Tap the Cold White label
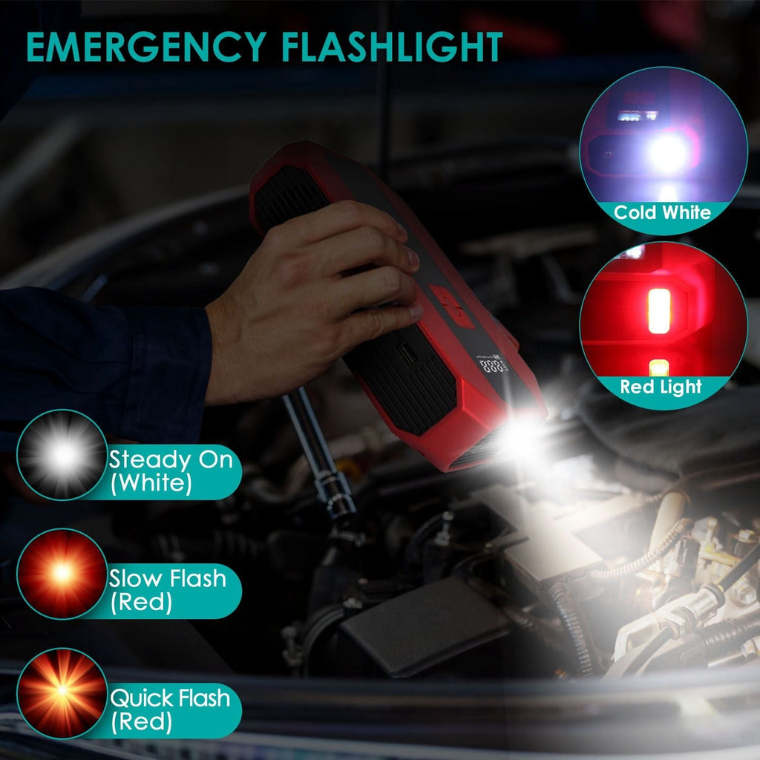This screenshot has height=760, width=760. [x=662, y=213]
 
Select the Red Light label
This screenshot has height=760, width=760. [x=661, y=387]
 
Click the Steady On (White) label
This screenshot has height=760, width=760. [x=170, y=471]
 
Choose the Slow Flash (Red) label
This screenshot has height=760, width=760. [x=167, y=589]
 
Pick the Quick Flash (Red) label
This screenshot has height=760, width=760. [x=170, y=709]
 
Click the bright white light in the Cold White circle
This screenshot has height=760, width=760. [x=667, y=153]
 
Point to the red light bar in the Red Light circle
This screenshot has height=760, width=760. [x=658, y=311]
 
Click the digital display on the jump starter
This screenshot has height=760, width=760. [x=492, y=365]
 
